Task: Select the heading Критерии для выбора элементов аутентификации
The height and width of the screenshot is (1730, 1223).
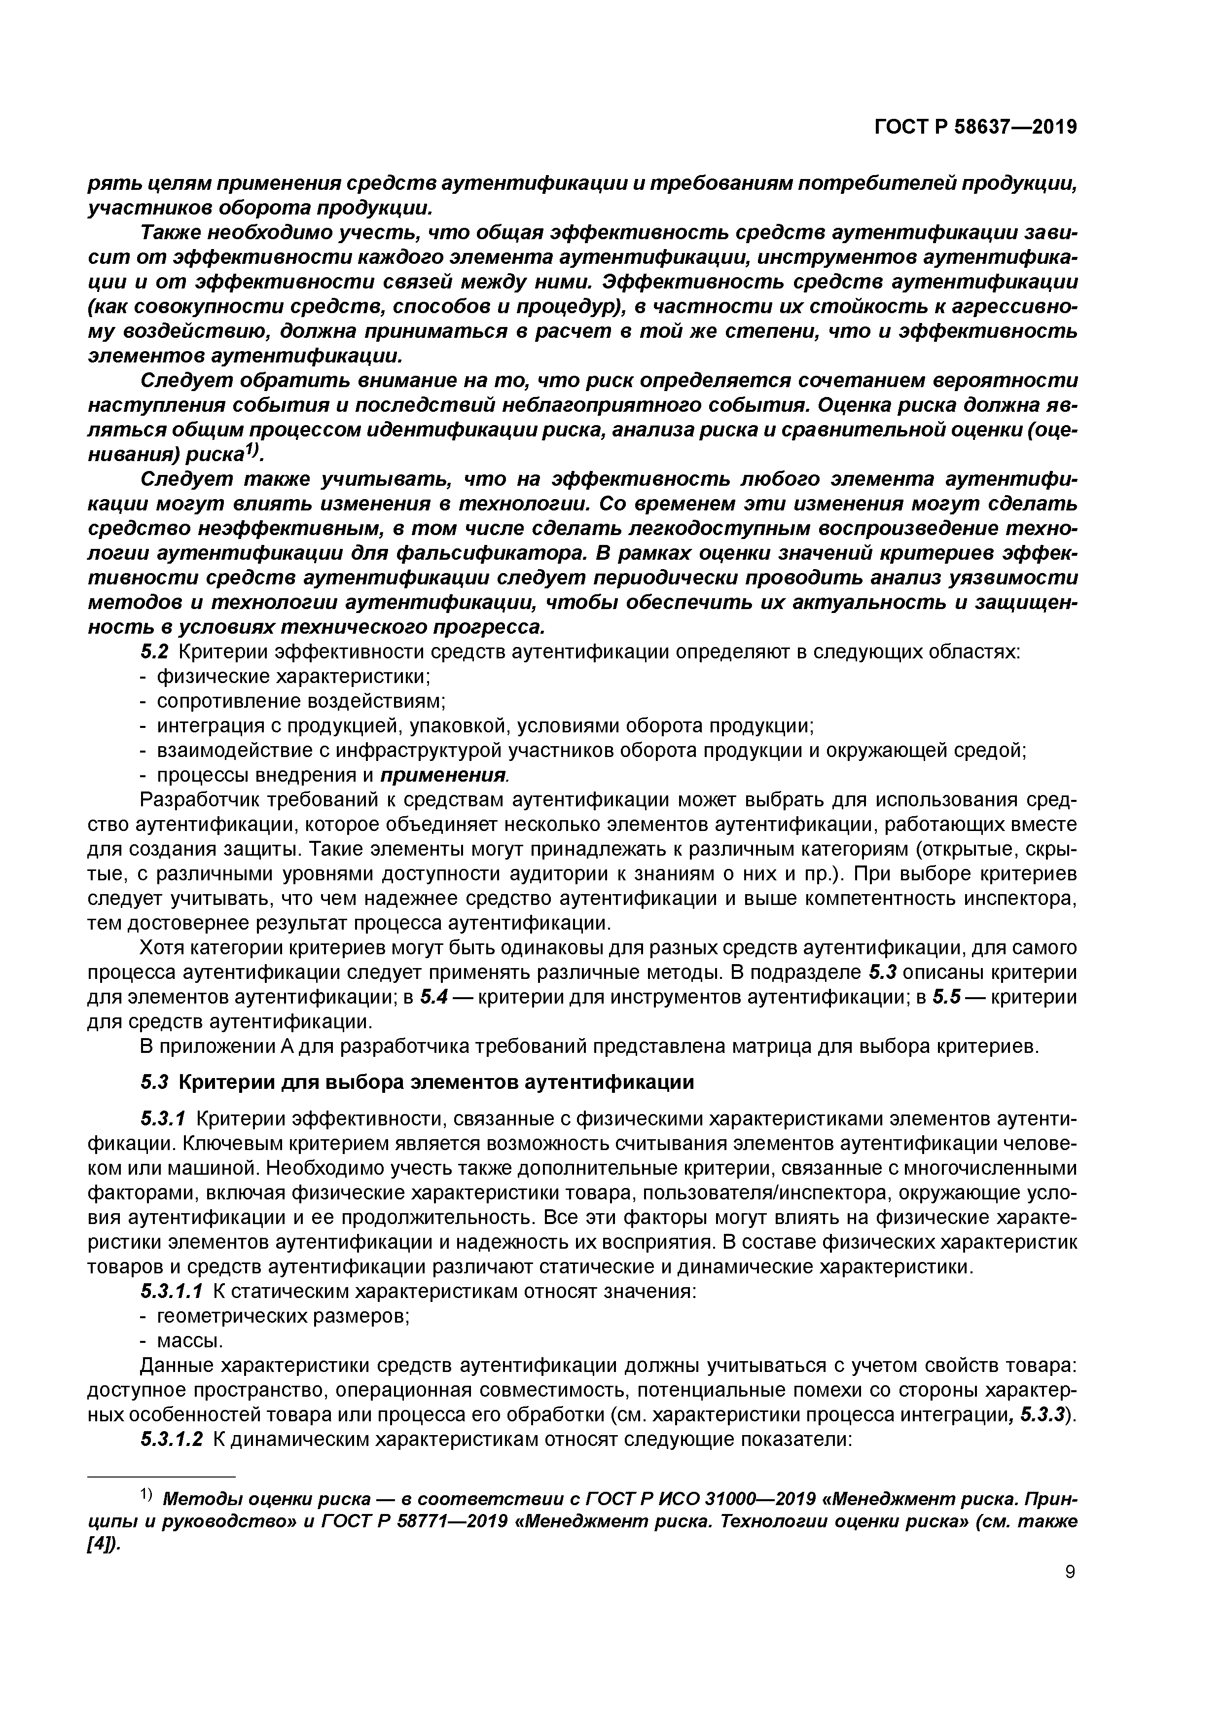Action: pos(435,1083)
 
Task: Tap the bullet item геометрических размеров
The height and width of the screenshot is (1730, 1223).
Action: pos(283,1316)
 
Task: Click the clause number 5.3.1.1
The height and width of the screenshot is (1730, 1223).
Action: pos(172,1292)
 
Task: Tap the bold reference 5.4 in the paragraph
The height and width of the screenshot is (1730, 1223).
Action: pos(434,997)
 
